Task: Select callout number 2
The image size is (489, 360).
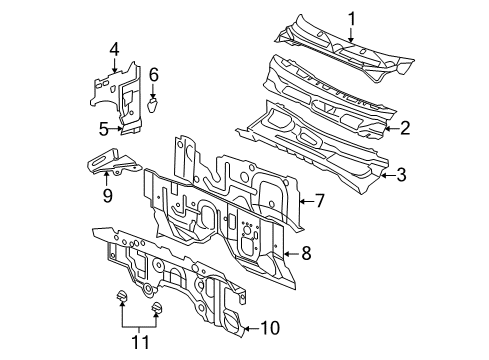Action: [x=405, y=127]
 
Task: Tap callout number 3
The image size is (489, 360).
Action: [x=400, y=175]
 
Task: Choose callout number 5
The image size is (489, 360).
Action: [x=103, y=128]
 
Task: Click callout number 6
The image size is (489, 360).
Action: [x=154, y=74]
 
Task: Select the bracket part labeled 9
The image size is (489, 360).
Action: [x=110, y=160]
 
